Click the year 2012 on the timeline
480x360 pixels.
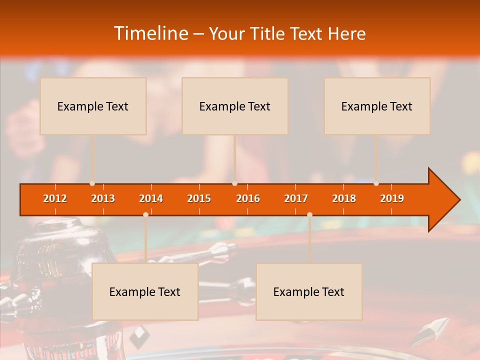pyautogui.click(x=55, y=198)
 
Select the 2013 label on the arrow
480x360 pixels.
pyautogui.click(x=103, y=198)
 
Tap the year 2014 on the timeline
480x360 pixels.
pyautogui.click(x=151, y=198)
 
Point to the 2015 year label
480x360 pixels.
pyautogui.click(x=199, y=198)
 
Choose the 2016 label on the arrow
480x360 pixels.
pyautogui.click(x=248, y=198)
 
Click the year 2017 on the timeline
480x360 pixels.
pyautogui.click(x=296, y=198)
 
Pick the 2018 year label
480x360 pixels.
pyautogui.click(x=344, y=198)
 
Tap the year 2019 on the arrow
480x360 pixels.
pyautogui.click(x=392, y=198)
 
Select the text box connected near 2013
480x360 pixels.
pyautogui.click(x=93, y=106)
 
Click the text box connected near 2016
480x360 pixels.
pyautogui.click(x=235, y=106)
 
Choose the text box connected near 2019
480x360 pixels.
pyautogui.click(x=377, y=106)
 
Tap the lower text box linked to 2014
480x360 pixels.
pyautogui.click(x=145, y=291)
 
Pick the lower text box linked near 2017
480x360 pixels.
pyautogui.click(x=309, y=291)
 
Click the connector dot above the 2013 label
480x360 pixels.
pyautogui.click(x=92, y=183)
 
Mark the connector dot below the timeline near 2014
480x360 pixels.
pyautogui.click(x=145, y=214)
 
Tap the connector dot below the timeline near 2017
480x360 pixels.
pyautogui.click(x=309, y=214)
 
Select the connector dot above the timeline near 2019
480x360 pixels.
pyautogui.click(x=376, y=183)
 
